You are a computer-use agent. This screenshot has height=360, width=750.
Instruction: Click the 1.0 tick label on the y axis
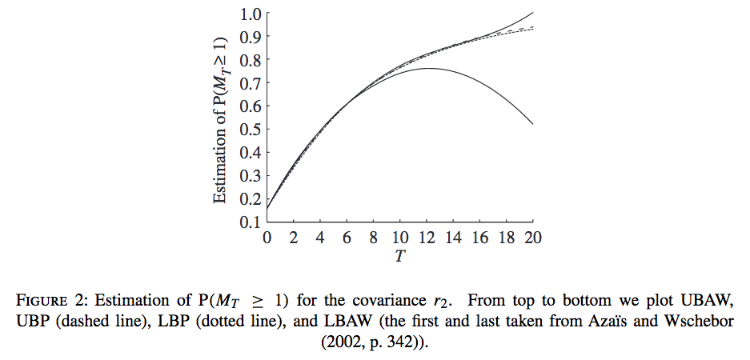pos(251,14)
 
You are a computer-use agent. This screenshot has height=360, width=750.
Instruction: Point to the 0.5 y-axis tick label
pos(251,130)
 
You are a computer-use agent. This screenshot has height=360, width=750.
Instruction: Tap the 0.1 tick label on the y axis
pos(251,222)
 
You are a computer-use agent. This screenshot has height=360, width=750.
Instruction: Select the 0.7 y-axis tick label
pos(251,83)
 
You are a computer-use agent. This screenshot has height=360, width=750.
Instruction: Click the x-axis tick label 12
pos(427,238)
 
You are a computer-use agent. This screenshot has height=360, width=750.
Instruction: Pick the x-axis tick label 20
pos(533,238)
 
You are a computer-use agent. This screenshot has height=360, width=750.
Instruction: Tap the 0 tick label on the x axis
pos(267,238)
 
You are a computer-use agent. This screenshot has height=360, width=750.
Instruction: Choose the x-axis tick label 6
pos(347,238)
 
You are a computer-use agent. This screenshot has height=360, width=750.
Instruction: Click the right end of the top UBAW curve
pos(532,13)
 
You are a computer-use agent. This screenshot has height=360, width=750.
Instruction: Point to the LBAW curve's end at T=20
pos(532,124)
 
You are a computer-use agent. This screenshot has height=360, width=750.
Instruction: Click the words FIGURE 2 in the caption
pos(51,302)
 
